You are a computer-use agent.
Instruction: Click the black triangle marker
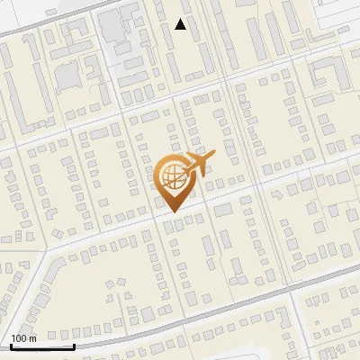181,24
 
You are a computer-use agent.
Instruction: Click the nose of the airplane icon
213,156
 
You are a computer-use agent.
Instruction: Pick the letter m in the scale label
32,338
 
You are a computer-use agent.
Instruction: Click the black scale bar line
41,346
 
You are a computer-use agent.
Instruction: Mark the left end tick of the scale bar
11,344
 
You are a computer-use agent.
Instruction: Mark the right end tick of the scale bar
73,344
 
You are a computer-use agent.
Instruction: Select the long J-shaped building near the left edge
13,94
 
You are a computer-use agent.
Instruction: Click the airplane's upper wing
199,157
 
